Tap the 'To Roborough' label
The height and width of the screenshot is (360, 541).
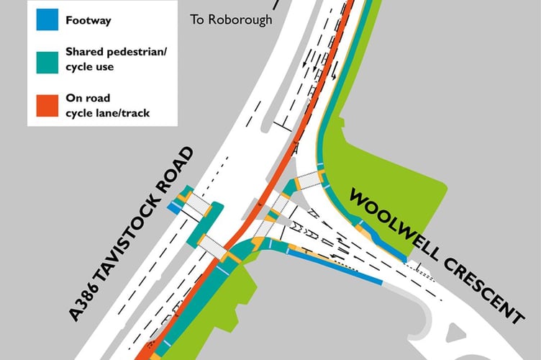point(231,19)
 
